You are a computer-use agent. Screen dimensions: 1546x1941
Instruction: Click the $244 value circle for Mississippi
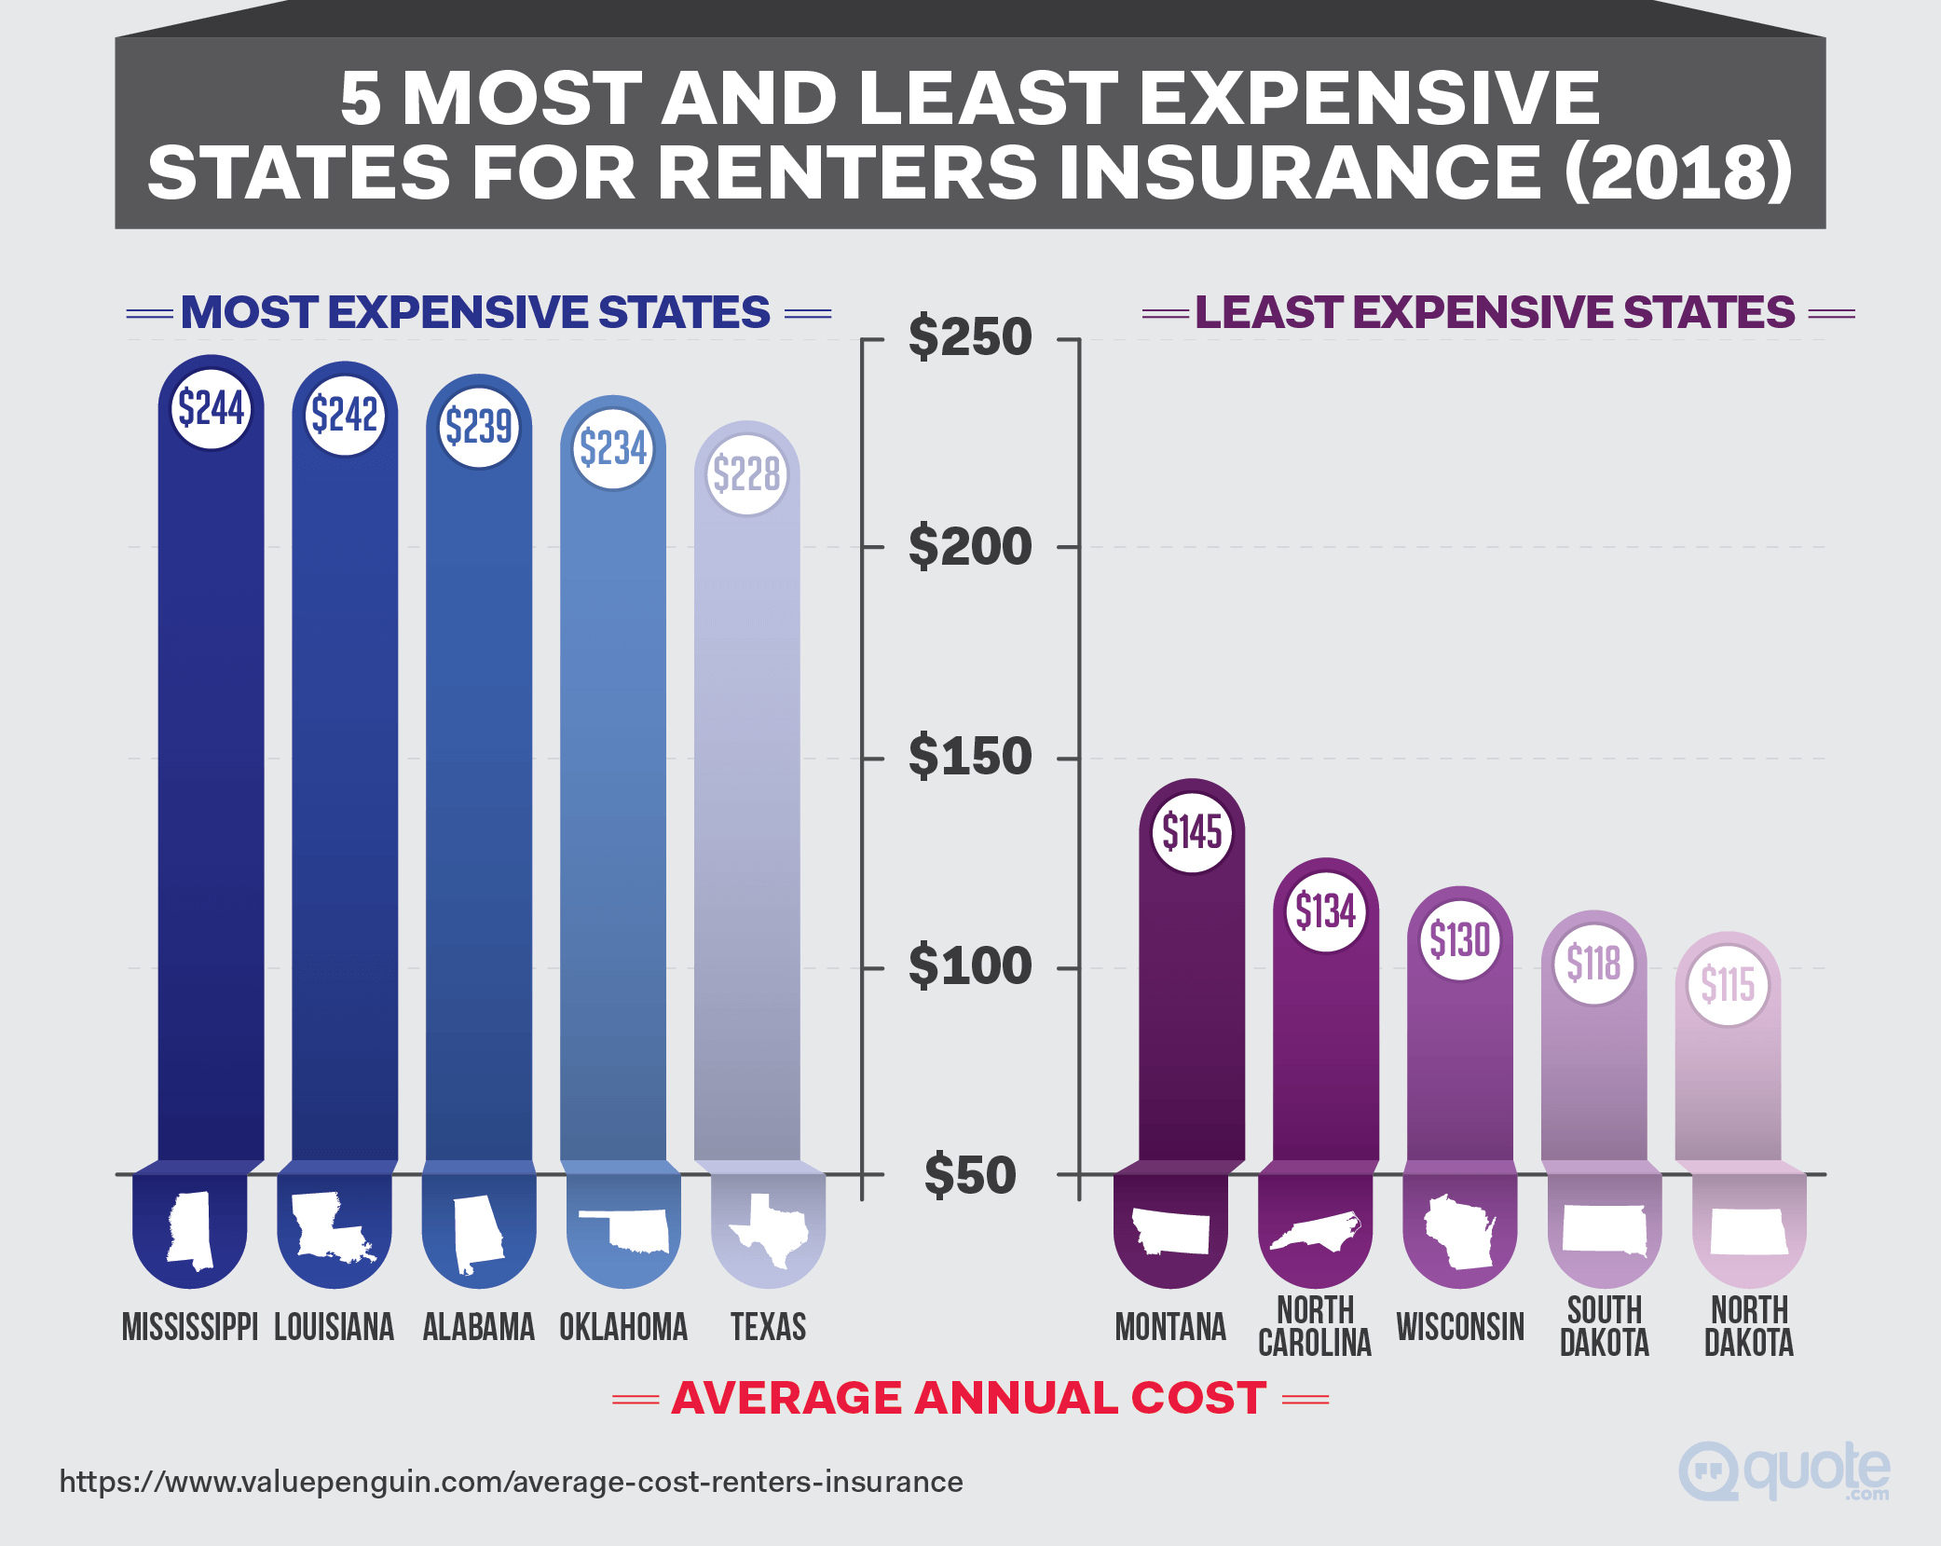point(212,408)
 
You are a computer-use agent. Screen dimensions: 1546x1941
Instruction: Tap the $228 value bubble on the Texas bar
point(747,474)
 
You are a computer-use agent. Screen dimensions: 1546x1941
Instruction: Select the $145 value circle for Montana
point(1192,831)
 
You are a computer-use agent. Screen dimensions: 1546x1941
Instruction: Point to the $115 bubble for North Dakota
point(1728,984)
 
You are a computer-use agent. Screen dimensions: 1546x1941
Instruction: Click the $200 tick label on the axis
point(970,546)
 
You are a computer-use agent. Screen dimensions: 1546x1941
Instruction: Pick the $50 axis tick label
point(970,1174)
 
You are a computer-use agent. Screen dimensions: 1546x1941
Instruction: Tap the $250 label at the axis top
point(970,336)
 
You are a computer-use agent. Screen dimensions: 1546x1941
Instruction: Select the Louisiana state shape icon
point(334,1228)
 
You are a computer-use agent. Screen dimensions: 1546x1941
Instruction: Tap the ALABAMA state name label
point(479,1327)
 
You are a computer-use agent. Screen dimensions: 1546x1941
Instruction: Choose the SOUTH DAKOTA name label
point(1604,1327)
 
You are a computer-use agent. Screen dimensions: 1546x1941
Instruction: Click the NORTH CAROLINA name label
point(1315,1327)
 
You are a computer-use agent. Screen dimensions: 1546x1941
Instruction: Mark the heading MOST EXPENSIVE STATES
point(476,312)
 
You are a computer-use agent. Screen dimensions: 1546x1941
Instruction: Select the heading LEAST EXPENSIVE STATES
point(1495,312)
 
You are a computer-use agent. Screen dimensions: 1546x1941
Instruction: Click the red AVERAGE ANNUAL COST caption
point(969,1398)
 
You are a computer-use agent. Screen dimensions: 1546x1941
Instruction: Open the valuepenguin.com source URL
point(511,1482)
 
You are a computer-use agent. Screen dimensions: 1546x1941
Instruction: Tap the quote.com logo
point(1784,1471)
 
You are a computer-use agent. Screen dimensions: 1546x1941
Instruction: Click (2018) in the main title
point(1676,172)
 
